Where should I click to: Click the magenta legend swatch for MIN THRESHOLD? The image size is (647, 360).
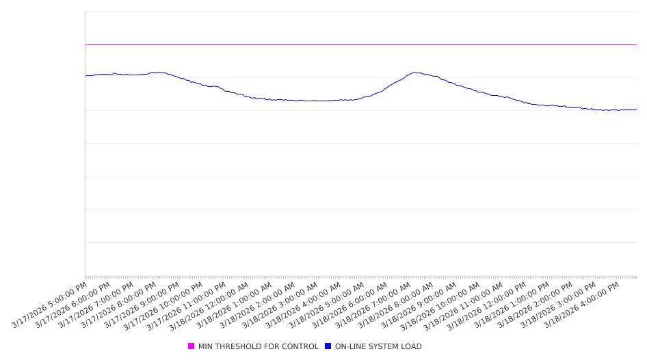tap(191, 346)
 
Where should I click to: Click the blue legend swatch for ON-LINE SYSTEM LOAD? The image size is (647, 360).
tap(328, 346)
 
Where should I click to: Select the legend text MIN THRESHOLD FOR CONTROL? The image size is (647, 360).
tap(258, 346)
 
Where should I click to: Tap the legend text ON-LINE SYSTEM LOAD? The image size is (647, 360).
tap(378, 346)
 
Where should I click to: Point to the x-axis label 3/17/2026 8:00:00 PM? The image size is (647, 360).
tap(120, 305)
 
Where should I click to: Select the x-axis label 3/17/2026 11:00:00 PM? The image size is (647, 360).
tap(188, 306)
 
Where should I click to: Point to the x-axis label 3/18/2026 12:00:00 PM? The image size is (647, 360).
tap(488, 306)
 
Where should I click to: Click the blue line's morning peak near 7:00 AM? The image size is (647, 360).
tap(414, 73)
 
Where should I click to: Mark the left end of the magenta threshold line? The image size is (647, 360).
tap(86, 44)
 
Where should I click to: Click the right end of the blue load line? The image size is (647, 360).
tap(636, 109)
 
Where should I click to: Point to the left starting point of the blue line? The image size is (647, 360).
tap(86, 75)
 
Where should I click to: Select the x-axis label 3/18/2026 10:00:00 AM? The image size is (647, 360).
tap(442, 306)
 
